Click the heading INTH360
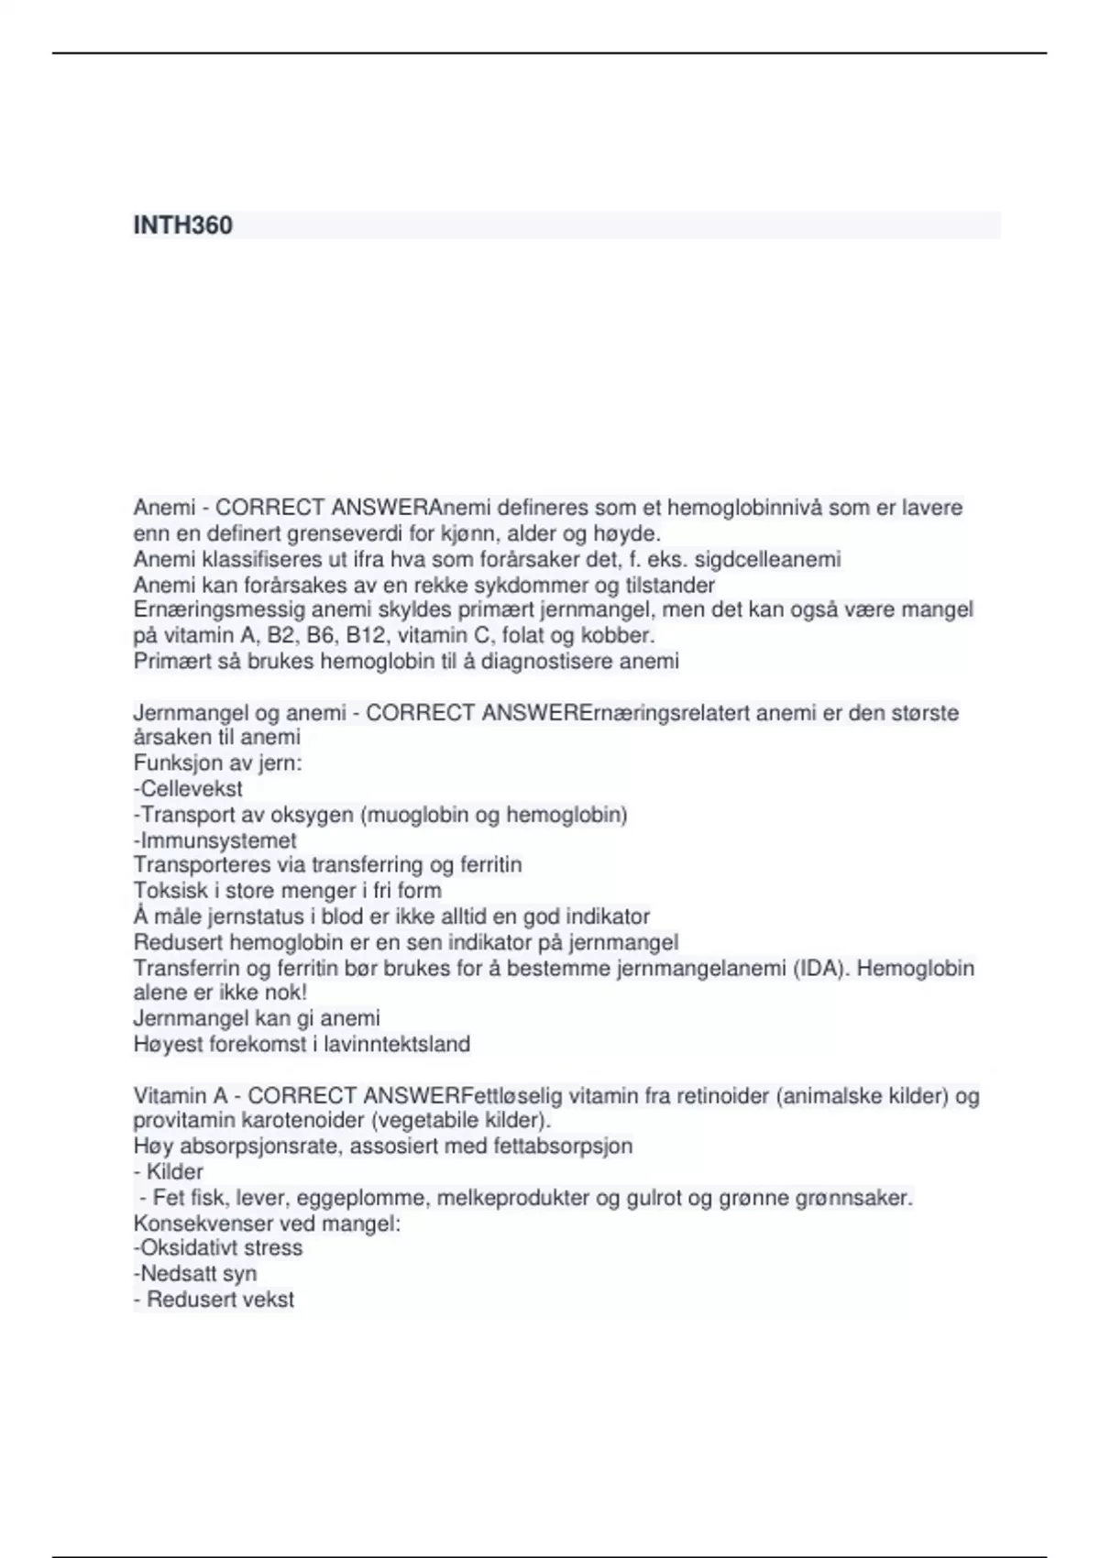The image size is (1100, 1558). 182,225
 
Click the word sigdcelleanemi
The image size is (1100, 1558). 767,559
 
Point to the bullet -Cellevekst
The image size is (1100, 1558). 188,788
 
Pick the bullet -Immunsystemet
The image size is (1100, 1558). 214,839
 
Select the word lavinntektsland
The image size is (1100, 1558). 397,1044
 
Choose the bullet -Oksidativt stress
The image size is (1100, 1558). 217,1247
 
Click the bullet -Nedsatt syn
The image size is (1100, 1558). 194,1273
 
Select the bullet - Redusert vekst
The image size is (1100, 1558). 214,1300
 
